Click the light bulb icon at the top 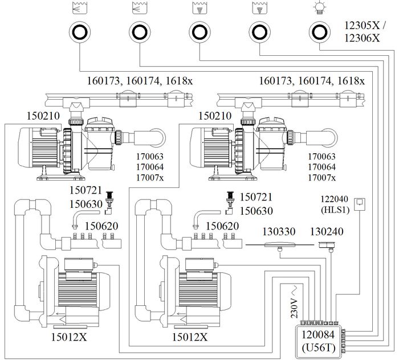click(x=319, y=8)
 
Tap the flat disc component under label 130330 click(x=279, y=246)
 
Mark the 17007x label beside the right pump click(x=321, y=178)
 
